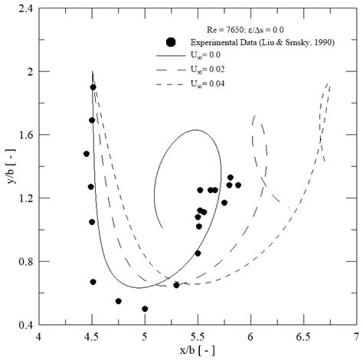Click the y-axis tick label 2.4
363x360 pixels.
[23, 8]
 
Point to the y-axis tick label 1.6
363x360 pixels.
[23, 135]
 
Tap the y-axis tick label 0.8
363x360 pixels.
[23, 262]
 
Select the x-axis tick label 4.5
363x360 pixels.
[92, 335]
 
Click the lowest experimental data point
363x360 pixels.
[145, 309]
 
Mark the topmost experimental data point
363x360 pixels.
[93, 87]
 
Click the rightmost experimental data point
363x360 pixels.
[238, 185]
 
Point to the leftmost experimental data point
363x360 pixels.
[87, 154]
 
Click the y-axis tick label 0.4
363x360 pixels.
[23, 325]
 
